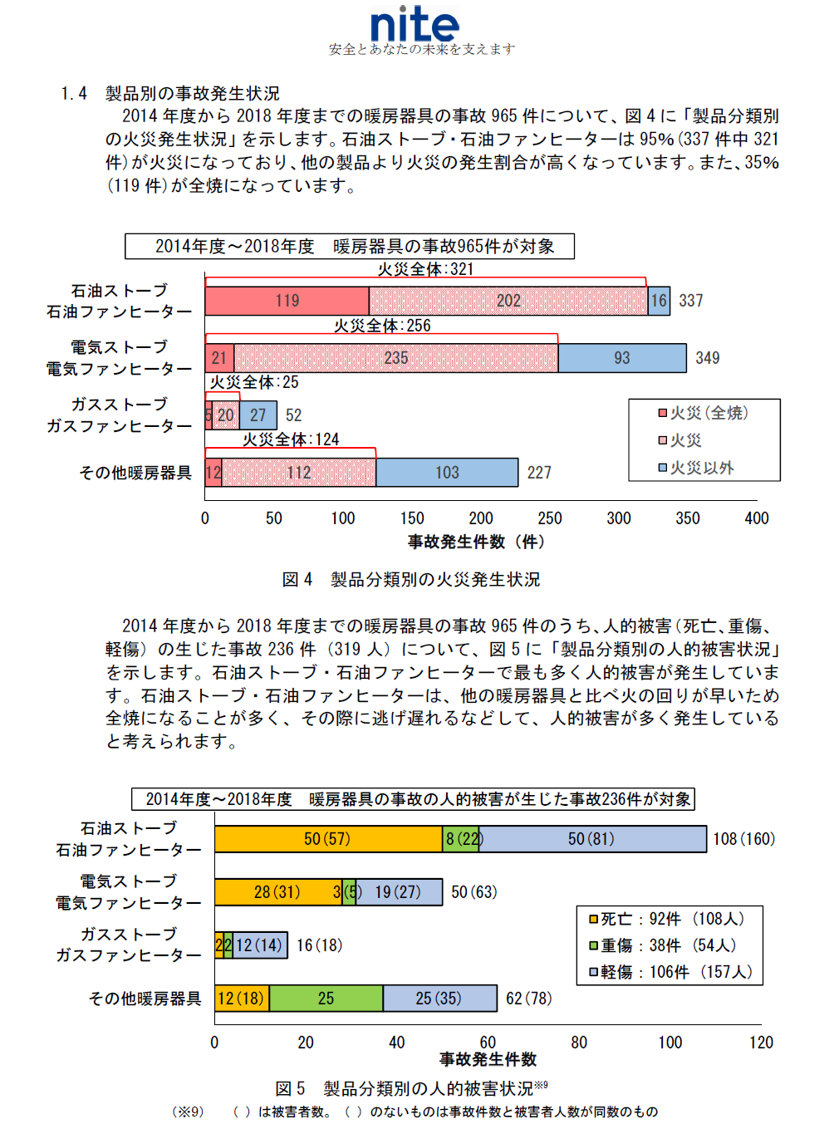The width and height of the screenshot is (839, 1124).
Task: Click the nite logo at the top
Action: [x=415, y=25]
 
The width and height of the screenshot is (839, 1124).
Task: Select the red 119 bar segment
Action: [x=287, y=301]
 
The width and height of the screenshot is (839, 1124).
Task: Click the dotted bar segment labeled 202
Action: [x=508, y=301]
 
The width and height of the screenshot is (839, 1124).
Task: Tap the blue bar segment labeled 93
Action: [x=622, y=358]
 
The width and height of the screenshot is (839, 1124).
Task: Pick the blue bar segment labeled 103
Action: [x=447, y=473]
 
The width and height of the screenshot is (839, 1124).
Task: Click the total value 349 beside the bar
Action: [x=707, y=358]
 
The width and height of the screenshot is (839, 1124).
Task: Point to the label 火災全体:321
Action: [x=425, y=269]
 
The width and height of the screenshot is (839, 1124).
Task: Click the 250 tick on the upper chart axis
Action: [x=550, y=518]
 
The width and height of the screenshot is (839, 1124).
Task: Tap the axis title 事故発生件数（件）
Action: [x=476, y=542]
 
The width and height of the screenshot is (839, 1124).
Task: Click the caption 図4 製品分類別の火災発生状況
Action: [x=411, y=579]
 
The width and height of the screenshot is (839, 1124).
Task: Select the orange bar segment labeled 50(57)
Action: [x=327, y=839]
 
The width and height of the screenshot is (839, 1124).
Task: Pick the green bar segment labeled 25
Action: [x=326, y=998]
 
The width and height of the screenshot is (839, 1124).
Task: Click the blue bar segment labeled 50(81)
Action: [x=591, y=839]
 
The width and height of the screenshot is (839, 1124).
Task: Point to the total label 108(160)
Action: [x=743, y=839]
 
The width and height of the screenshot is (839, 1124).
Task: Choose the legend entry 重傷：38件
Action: [x=668, y=945]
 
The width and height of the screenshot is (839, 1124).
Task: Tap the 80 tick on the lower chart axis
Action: [x=579, y=1043]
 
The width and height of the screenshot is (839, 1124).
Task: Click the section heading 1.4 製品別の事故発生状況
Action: [x=170, y=93]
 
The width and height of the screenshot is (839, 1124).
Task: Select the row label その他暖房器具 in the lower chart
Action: [x=145, y=998]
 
